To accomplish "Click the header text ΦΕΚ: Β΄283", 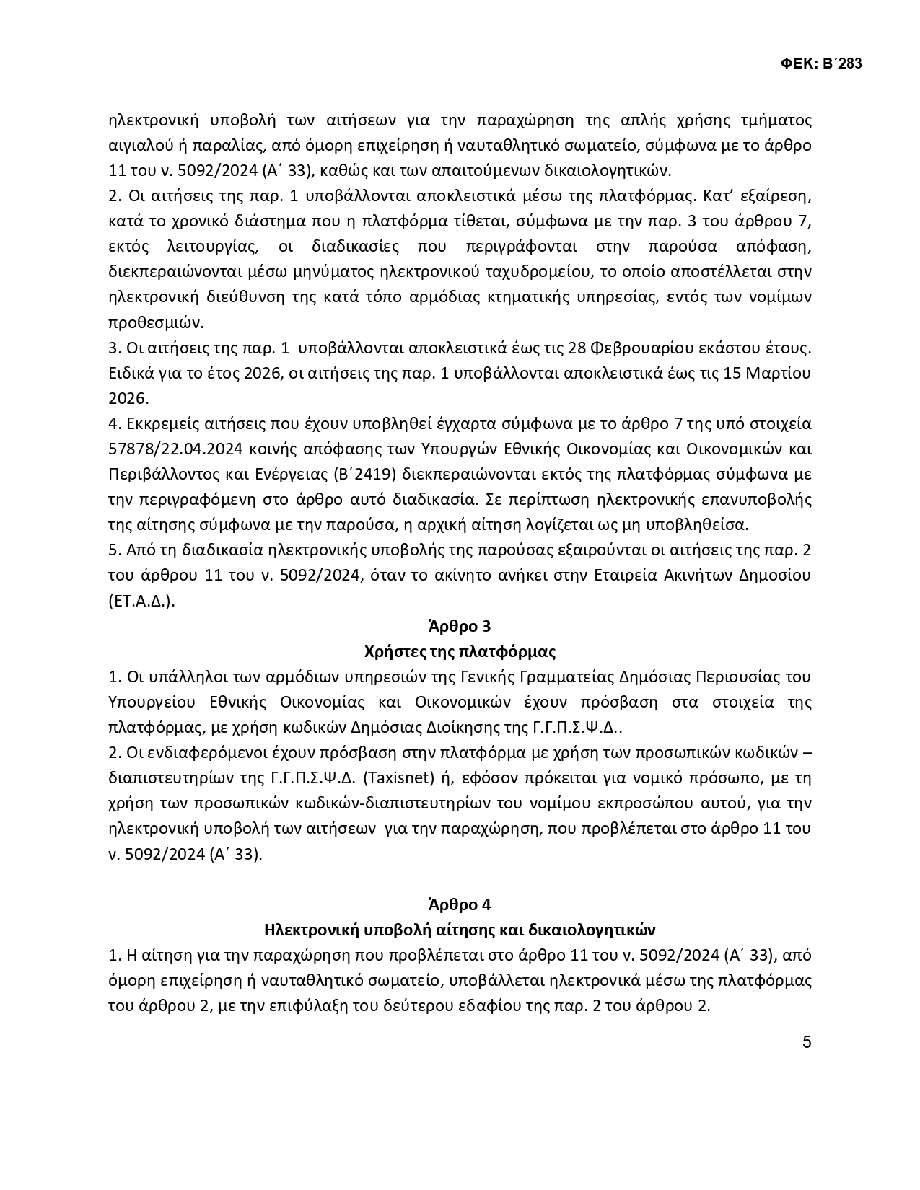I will click(x=821, y=64).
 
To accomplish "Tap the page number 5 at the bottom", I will click(x=807, y=1042).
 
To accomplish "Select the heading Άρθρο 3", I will click(x=460, y=626).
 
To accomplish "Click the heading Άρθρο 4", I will click(x=460, y=904).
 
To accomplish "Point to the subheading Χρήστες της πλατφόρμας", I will click(x=460, y=652).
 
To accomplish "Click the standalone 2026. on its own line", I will click(x=128, y=399).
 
